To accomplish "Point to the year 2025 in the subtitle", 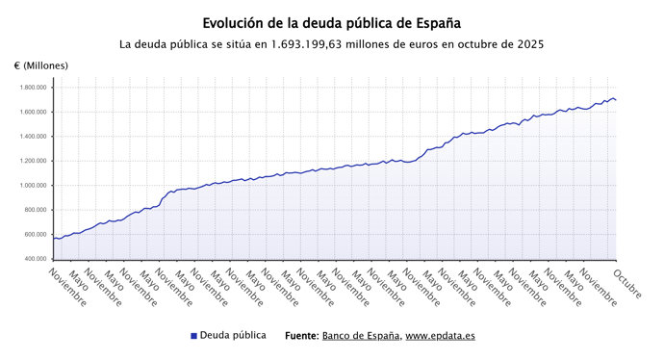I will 529,44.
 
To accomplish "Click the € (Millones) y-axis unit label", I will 41,65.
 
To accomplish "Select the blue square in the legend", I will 193,337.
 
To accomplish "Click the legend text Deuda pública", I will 233,336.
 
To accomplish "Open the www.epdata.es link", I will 440,337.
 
